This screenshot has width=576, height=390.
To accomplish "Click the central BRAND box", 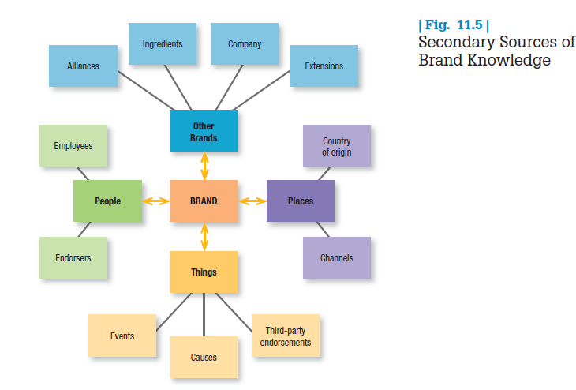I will tap(204, 201).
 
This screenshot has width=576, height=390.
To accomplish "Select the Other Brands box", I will tap(204, 131).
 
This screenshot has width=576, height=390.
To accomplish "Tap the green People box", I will tap(108, 201).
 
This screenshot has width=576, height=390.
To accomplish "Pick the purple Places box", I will tap(301, 201).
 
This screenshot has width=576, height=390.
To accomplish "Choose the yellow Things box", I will tap(204, 272).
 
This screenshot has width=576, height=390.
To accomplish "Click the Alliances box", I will tap(83, 66).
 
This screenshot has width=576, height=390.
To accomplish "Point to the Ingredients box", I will tap(163, 44).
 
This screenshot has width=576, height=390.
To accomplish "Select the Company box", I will tap(245, 44).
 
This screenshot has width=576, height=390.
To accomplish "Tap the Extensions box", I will tap(324, 66).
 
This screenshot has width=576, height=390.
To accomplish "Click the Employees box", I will tap(73, 146).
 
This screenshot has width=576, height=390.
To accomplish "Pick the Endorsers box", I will tap(73, 258).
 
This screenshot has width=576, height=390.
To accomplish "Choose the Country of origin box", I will tap(337, 146).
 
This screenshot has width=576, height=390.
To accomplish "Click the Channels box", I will tap(337, 258).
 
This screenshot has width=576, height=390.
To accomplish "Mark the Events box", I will tap(122, 336).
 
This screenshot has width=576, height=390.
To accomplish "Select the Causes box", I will tap(204, 358).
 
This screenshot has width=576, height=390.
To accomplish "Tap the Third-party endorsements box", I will tap(286, 336).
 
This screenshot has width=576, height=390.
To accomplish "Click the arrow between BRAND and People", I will tap(156, 201).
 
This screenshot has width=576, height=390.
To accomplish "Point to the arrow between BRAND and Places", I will tap(252, 201).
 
